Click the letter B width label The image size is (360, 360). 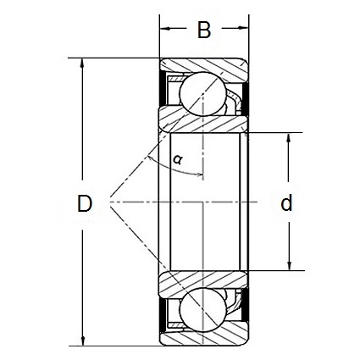[203, 31]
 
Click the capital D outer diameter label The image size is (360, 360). [84, 203]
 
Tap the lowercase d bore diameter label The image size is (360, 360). [286, 203]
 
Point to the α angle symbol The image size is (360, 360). [177, 158]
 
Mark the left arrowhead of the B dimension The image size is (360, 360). [165, 31]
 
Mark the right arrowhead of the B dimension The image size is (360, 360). [243, 31]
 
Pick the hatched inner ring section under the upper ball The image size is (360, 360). [204, 119]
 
